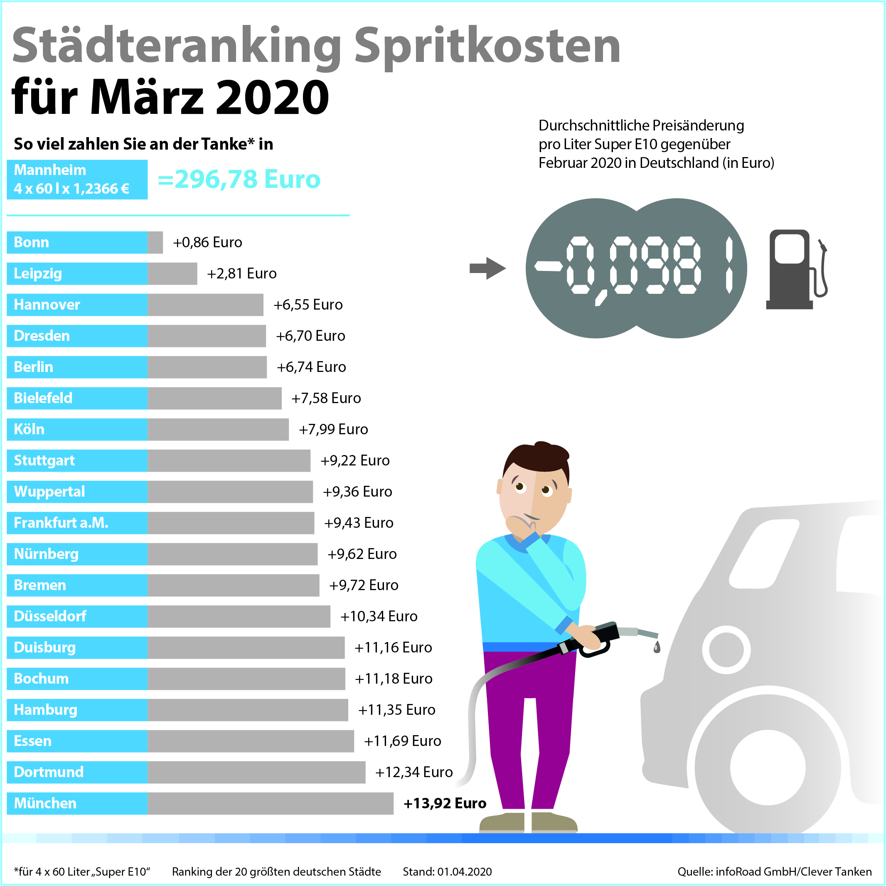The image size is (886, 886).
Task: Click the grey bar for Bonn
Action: pos(155,242)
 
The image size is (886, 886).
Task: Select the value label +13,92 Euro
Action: pos(444,803)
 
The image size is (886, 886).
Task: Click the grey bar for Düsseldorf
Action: pos(239,616)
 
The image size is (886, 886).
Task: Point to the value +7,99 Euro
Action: pos(333,429)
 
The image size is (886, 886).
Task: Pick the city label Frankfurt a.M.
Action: pos(61,522)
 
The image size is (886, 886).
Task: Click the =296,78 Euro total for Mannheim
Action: pos(239,179)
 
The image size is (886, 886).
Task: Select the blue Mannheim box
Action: pos(77,179)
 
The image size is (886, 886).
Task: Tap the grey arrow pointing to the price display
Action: pos(487,268)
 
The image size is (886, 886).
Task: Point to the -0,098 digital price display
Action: pos(635,268)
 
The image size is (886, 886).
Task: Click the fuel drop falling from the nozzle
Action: pos(657,647)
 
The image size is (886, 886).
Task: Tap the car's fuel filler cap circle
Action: pos(726,650)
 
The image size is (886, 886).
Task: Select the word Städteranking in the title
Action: pos(177,46)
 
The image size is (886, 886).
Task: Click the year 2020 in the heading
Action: pos(272,97)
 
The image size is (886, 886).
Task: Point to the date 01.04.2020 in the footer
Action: pos(464,871)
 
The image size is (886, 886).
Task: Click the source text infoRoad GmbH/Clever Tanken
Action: pos(793,871)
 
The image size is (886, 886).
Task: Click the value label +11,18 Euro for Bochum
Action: pos(394,678)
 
